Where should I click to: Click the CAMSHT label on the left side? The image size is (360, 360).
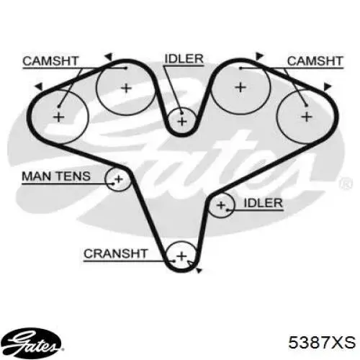[50, 61]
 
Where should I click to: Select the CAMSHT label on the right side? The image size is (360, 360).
[315, 61]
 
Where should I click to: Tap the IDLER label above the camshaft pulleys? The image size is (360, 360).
[184, 59]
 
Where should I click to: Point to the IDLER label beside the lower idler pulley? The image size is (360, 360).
[264, 203]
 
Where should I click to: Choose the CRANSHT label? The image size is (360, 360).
[115, 253]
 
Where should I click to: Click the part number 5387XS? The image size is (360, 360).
[322, 342]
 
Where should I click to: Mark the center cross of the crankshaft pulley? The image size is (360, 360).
[181, 256]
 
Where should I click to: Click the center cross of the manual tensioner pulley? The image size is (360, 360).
[119, 179]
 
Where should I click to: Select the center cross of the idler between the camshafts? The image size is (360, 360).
[182, 122]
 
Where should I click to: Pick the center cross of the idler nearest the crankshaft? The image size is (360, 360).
[221, 205]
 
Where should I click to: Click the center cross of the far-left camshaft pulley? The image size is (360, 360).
[58, 117]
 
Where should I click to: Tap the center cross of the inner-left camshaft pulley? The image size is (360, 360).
[126, 89]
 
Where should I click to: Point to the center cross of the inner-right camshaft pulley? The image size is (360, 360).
[240, 87]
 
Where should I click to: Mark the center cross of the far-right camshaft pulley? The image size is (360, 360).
[307, 117]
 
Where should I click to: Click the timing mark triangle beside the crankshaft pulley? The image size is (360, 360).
[199, 271]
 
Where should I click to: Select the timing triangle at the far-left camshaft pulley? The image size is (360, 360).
[40, 86]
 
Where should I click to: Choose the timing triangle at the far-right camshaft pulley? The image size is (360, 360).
[327, 86]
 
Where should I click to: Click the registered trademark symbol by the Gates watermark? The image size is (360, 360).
[346, 184]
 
